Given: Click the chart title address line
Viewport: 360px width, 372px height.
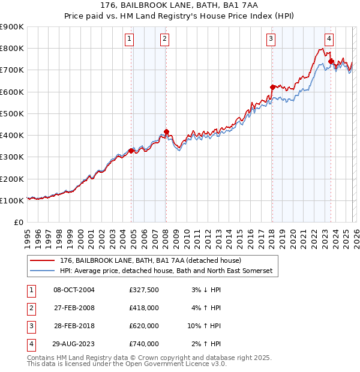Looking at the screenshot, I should coord(180,5).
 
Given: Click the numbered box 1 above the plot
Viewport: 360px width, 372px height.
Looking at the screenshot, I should coord(130,40).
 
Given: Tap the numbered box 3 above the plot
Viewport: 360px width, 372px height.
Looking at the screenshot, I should coord(271,40).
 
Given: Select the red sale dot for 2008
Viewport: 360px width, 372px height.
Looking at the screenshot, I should coord(167,132).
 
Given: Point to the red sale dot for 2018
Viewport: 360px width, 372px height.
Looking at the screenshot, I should coord(272,88).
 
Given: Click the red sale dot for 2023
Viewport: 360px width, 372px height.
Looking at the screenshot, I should coord(331,61).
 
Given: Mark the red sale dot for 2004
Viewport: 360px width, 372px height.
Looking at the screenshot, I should coord(131,151).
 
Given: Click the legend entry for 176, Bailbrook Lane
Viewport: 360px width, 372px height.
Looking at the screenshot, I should coord(150,261).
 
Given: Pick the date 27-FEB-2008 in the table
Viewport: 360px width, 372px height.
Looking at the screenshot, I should coord(74,308).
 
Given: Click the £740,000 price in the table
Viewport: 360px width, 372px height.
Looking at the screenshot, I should coord(144,344).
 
